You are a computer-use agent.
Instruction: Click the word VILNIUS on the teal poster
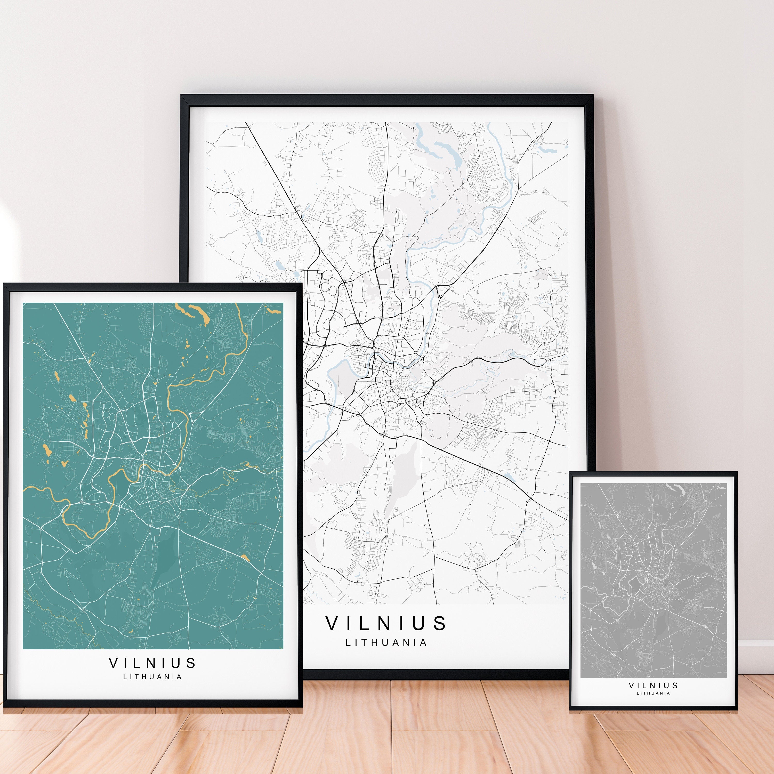[x=152, y=663]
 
